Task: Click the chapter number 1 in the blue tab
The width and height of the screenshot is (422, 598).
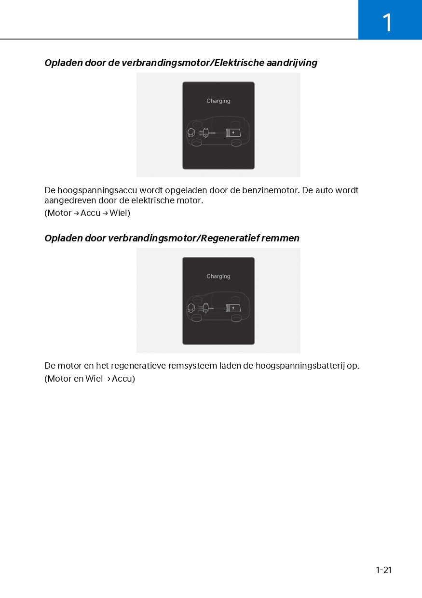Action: coord(387,23)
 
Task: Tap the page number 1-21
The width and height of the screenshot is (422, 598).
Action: coord(383,570)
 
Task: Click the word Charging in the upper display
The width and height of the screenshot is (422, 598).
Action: coord(218,101)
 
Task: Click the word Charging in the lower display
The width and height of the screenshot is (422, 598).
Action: coord(218,277)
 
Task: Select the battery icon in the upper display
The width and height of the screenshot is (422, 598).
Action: coord(233,133)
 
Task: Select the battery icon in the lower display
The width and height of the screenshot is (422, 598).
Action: coord(233,308)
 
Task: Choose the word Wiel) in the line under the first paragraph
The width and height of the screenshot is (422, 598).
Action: coord(120,213)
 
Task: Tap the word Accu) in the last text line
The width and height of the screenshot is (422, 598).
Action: coord(123,379)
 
